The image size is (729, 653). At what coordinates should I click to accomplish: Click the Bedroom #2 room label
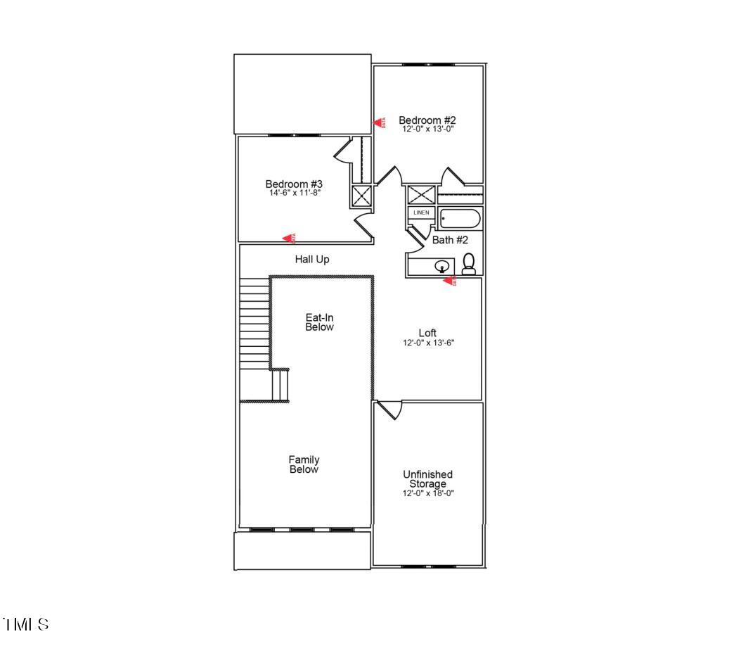coord(427,120)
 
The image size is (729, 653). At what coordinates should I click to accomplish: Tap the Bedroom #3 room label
coord(294,184)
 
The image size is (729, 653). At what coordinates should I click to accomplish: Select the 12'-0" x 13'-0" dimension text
coord(427,129)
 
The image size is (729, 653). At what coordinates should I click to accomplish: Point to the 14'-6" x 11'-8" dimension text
coord(294,193)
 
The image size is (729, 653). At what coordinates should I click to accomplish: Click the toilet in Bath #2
coord(469,264)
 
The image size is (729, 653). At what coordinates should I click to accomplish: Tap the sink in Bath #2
coord(442,266)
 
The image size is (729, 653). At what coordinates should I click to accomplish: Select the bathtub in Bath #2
coord(460,219)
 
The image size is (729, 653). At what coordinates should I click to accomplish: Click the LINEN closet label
coord(421,213)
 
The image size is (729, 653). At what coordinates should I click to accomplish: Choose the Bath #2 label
coord(450,240)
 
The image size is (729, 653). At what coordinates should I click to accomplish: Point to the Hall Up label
coord(312,260)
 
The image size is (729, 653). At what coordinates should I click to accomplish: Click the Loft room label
coord(427,333)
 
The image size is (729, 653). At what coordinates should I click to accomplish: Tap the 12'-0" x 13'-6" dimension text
coord(427,343)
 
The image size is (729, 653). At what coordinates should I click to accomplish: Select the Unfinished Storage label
coord(427,479)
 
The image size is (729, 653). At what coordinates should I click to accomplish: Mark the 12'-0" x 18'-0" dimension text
coord(427,493)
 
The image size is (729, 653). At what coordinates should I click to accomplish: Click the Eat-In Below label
coord(319,322)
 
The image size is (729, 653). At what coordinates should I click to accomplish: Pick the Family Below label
coord(304,464)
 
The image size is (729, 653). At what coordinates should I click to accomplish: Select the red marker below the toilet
coord(449,281)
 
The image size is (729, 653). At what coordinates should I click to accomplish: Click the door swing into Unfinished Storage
coord(389,409)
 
